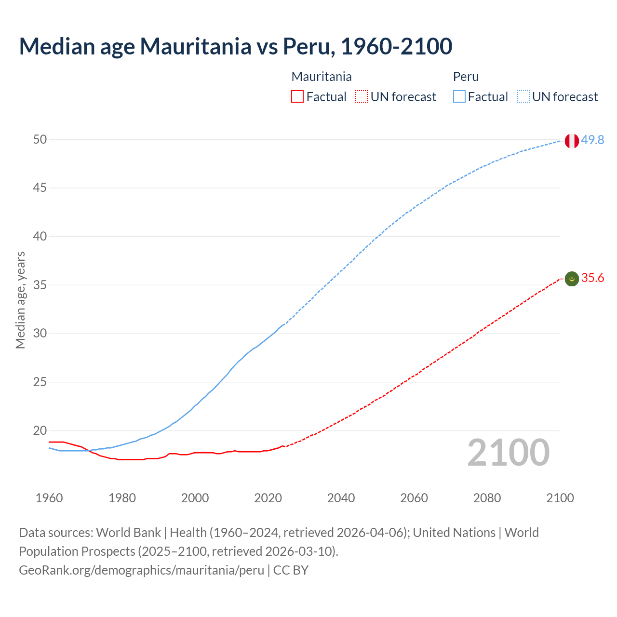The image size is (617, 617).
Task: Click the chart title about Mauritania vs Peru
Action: [235, 46]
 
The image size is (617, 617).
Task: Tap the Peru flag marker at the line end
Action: [572, 141]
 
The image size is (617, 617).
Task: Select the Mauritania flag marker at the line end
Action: [572, 279]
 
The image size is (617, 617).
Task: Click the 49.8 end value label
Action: [592, 140]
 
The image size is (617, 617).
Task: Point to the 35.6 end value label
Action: [592, 278]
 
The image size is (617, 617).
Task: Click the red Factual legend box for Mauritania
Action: [297, 97]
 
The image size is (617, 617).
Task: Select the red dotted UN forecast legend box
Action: [362, 97]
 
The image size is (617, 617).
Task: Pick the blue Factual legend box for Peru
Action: [459, 97]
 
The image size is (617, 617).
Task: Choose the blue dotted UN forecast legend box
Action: [523, 97]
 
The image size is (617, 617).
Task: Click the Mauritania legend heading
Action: [322, 77]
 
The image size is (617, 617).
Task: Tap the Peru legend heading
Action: [466, 77]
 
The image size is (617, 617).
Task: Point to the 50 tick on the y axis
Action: [40, 139]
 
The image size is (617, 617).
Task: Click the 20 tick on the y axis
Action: [40, 430]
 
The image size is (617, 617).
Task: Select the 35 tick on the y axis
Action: [40, 285]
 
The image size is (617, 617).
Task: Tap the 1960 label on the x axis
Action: [49, 498]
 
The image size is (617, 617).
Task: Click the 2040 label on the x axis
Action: [341, 498]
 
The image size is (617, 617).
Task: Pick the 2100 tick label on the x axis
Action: [560, 498]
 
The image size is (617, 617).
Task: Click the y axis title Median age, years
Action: [20, 300]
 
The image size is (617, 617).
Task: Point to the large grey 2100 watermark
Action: [508, 453]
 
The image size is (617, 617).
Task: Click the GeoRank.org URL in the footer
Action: [141, 570]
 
